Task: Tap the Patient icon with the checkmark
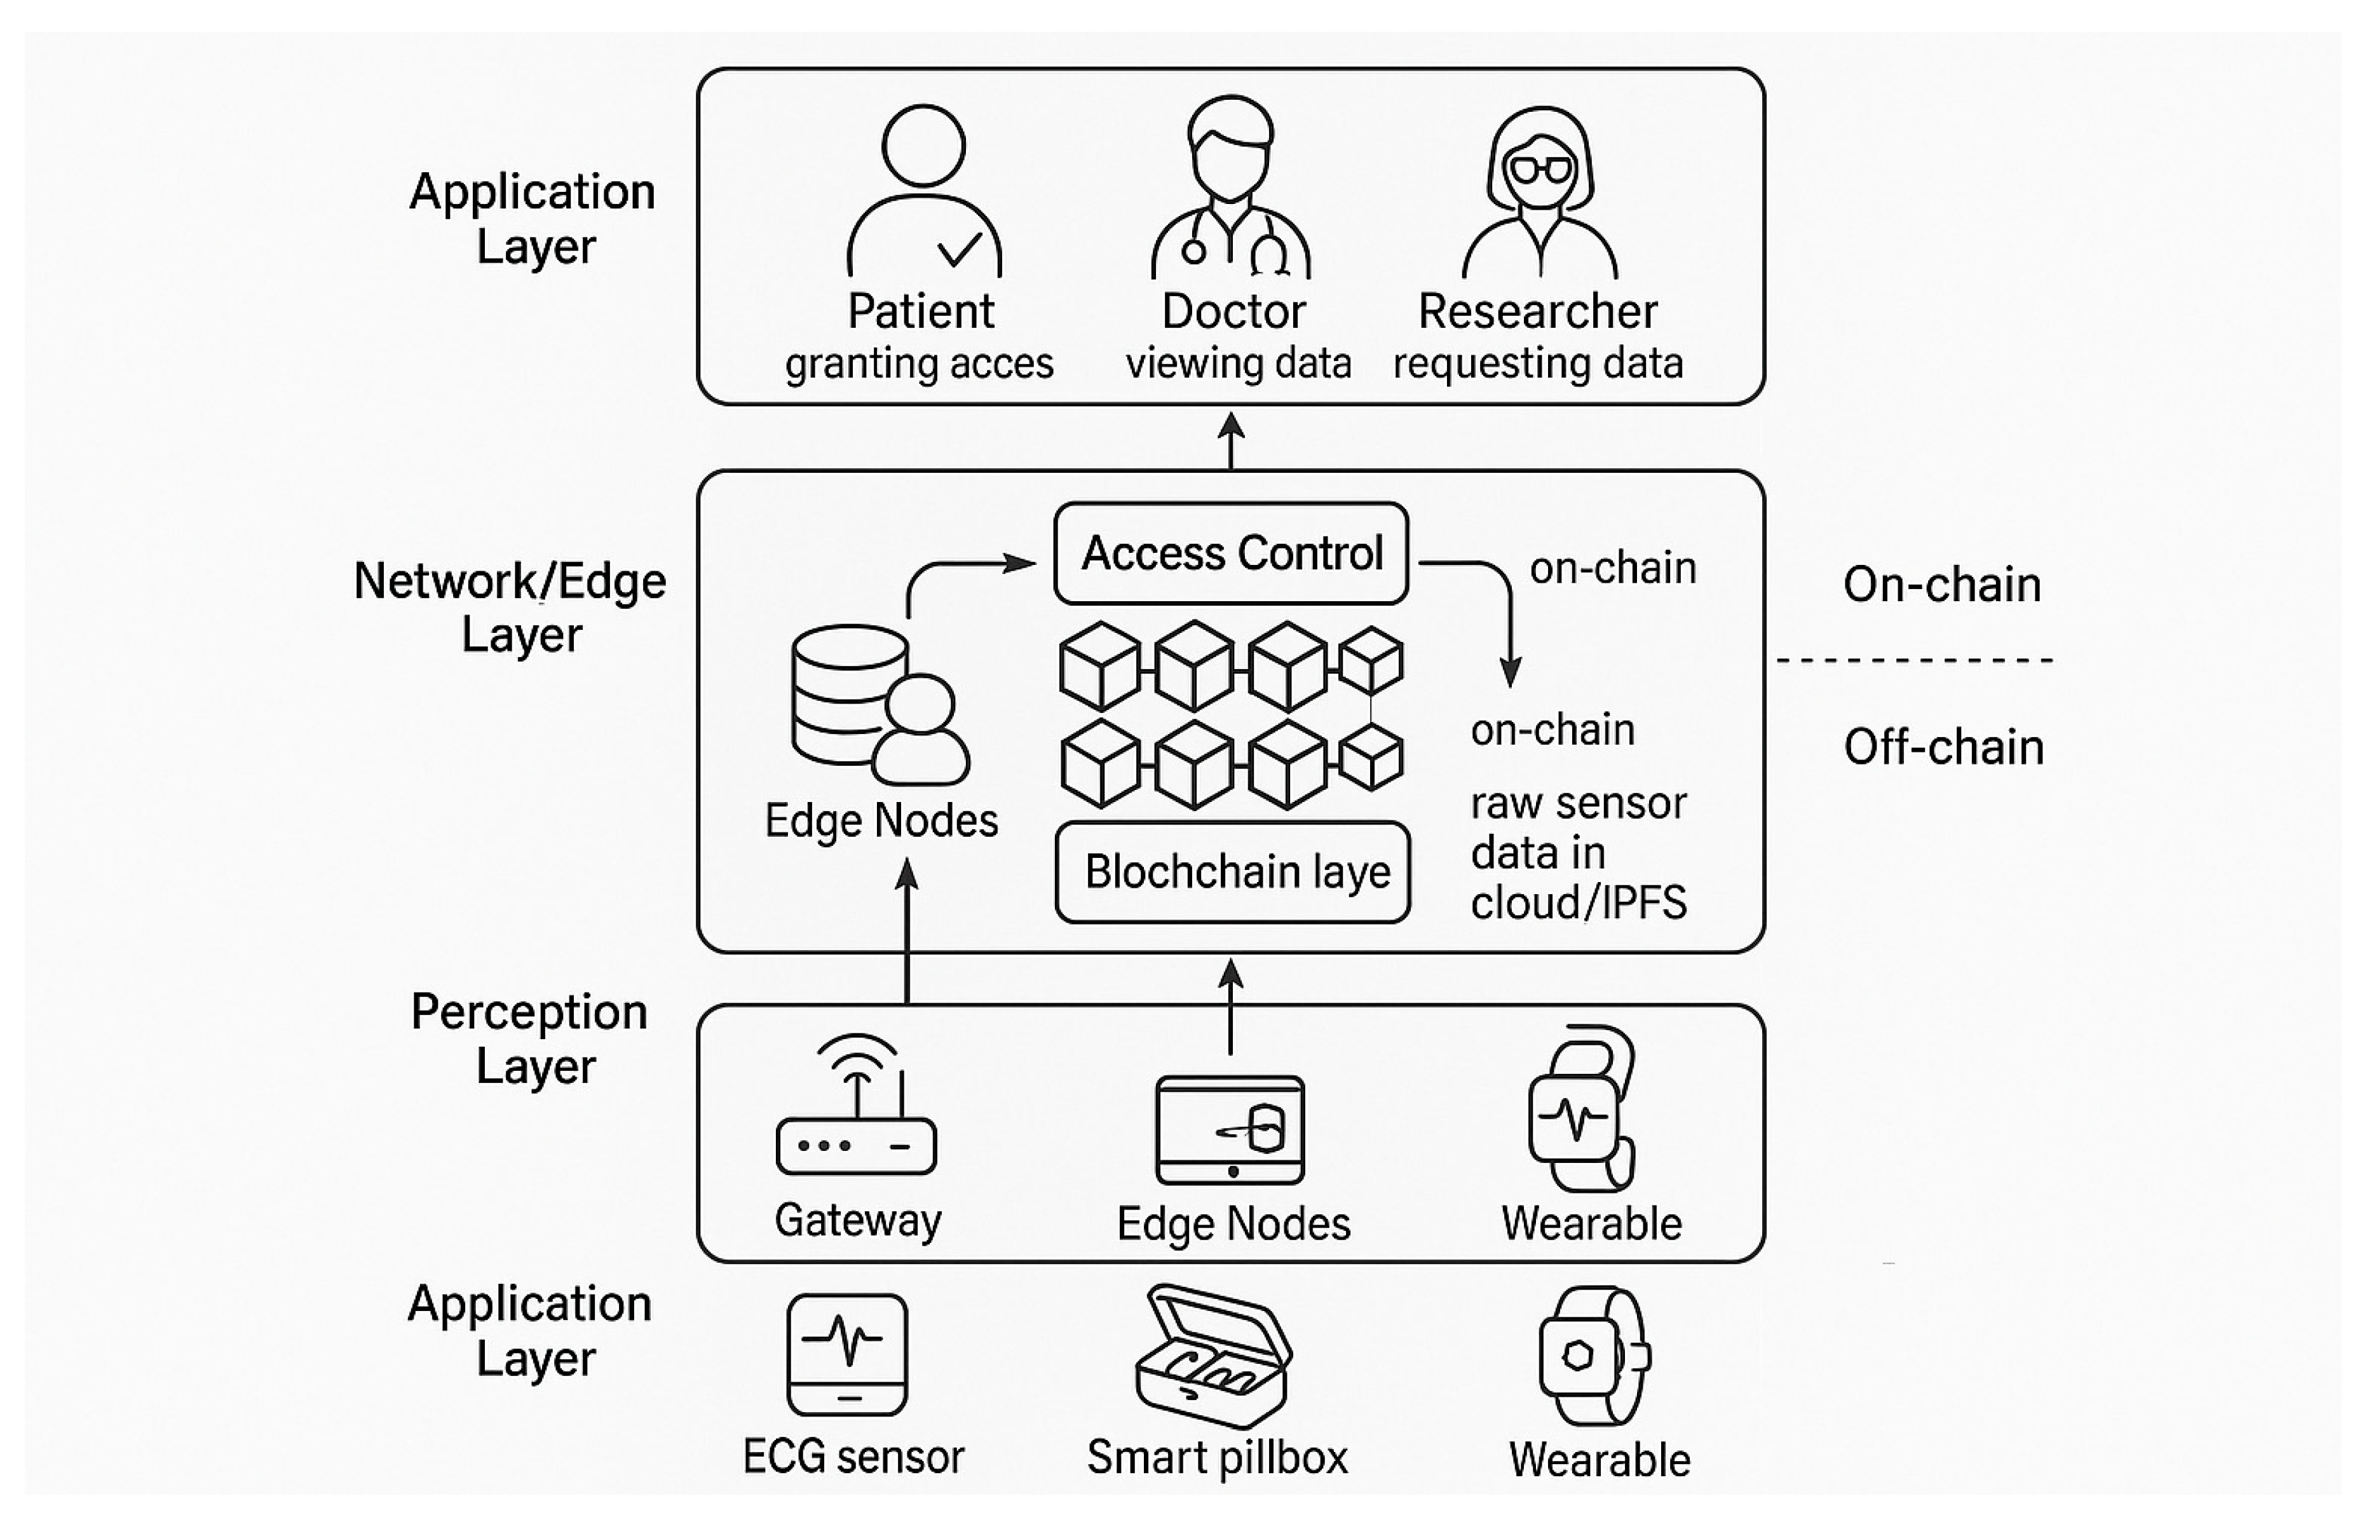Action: click(x=924, y=193)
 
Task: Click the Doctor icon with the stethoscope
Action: click(x=1230, y=187)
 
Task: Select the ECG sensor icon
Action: click(x=847, y=1354)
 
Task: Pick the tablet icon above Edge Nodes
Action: click(x=1230, y=1130)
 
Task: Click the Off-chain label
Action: click(x=1943, y=747)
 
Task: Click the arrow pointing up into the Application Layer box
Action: click(x=1230, y=439)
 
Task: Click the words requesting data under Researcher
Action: click(x=1538, y=364)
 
